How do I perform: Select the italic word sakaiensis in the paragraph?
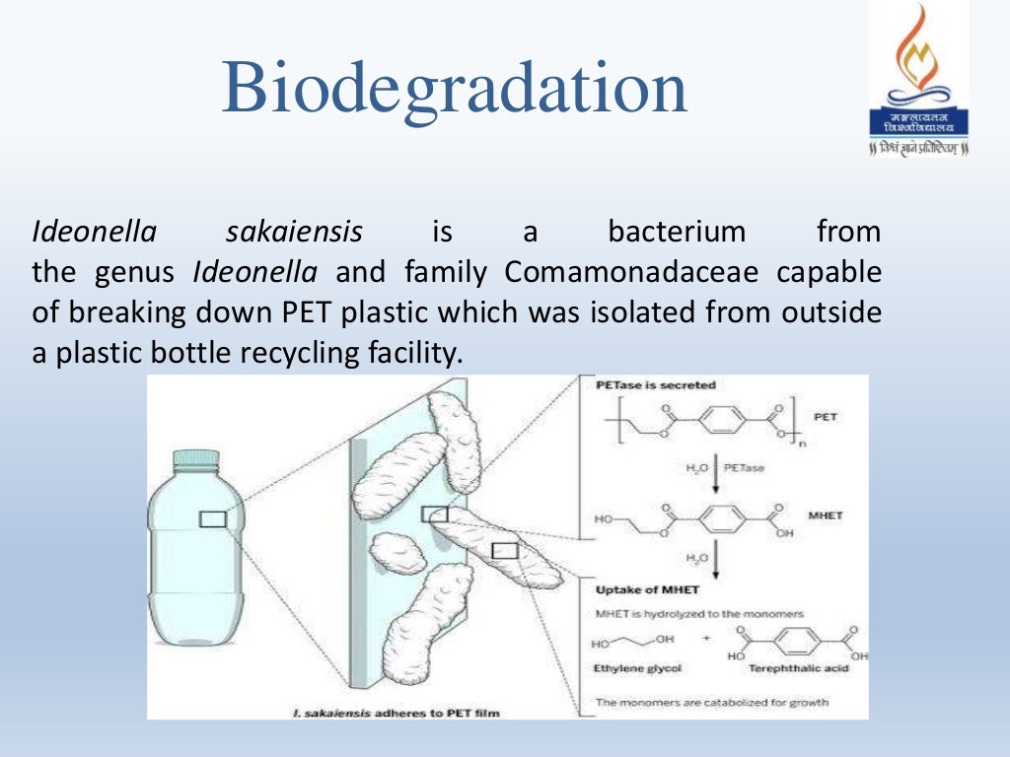point(294,234)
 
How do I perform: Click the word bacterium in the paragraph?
point(676,234)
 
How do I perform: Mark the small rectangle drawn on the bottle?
point(213,518)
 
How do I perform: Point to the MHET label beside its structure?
point(825,516)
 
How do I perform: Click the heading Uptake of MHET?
point(645,590)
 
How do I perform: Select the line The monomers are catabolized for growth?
point(712,703)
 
